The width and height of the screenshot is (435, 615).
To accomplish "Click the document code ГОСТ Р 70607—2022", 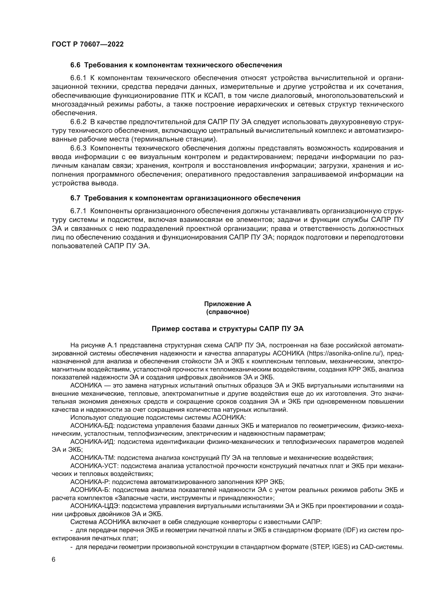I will coord(88,44).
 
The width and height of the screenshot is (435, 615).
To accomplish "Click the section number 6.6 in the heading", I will coord(75,65).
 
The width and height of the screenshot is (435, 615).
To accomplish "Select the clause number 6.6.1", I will coord(78,78).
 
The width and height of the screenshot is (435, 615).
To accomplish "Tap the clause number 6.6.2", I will coord(78,122).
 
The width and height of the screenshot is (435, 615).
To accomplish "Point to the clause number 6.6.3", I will coord(78,148).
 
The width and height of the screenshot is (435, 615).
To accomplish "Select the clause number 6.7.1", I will coord(78,211).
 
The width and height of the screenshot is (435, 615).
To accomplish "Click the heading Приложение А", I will coord(227,304).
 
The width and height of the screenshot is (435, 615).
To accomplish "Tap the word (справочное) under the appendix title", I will coord(227,312).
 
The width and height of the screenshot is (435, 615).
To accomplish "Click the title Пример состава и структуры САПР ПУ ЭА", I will coord(227,329).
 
